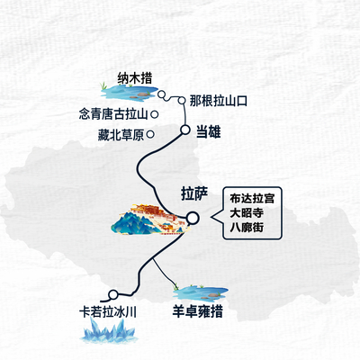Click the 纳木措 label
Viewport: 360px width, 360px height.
(135, 78)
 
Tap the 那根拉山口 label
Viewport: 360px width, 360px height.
(219, 101)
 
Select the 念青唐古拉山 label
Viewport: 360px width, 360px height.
(113, 114)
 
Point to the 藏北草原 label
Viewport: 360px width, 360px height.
(121, 135)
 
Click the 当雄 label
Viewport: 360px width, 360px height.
(209, 131)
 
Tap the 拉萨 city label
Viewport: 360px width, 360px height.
(194, 193)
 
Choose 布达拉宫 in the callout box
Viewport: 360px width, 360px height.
(252, 199)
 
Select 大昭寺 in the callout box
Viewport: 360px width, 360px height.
(247, 212)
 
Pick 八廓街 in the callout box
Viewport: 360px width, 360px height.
(247, 227)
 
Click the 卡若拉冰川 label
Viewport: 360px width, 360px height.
(108, 312)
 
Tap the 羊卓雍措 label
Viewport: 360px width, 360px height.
(197, 311)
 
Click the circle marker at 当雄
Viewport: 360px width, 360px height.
(185, 130)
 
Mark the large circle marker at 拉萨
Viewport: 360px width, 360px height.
(193, 218)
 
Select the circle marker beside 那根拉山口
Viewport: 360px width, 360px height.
(182, 101)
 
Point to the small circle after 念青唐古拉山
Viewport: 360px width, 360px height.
(155, 114)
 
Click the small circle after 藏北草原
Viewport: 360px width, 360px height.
(150, 134)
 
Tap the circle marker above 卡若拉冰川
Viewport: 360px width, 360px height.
(113, 295)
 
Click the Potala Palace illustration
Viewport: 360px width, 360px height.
(151, 220)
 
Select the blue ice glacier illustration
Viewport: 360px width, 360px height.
(108, 330)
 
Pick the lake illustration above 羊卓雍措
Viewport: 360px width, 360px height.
(201, 292)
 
